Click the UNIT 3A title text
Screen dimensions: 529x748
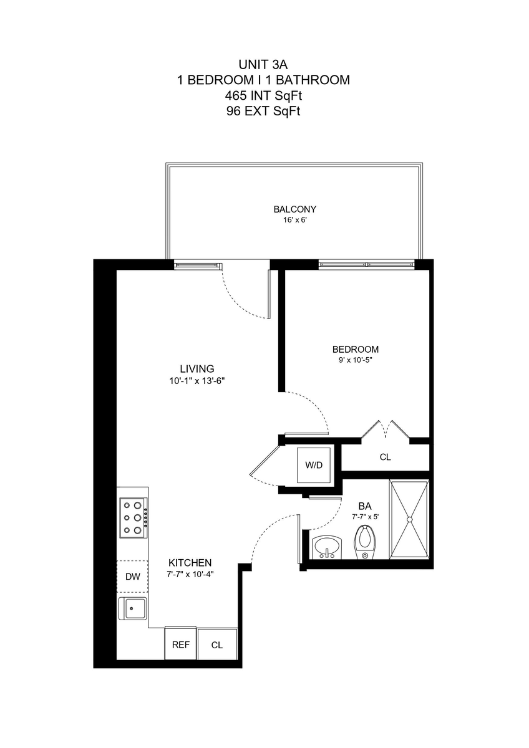pos(263,64)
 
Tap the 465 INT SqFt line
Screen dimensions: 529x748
pos(263,96)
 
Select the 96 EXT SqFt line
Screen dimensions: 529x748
pos(263,111)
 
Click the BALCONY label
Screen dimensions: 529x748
pos(294,209)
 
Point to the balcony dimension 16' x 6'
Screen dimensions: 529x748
pos(294,220)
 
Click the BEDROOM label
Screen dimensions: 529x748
pos(356,349)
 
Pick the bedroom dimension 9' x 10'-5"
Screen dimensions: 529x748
pos(356,360)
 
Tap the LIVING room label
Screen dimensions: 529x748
pos(197,368)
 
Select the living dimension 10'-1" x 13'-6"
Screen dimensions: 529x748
pos(197,381)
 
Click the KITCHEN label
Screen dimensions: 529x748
pos(190,563)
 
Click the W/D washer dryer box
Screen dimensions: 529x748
pos(314,465)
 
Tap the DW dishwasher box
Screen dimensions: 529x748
pos(132,577)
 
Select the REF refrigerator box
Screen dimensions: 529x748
pos(180,645)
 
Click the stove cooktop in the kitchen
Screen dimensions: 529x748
pos(133,518)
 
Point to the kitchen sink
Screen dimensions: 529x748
pos(132,609)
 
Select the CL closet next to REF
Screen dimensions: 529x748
pos(217,645)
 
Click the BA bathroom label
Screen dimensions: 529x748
pos(365,506)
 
